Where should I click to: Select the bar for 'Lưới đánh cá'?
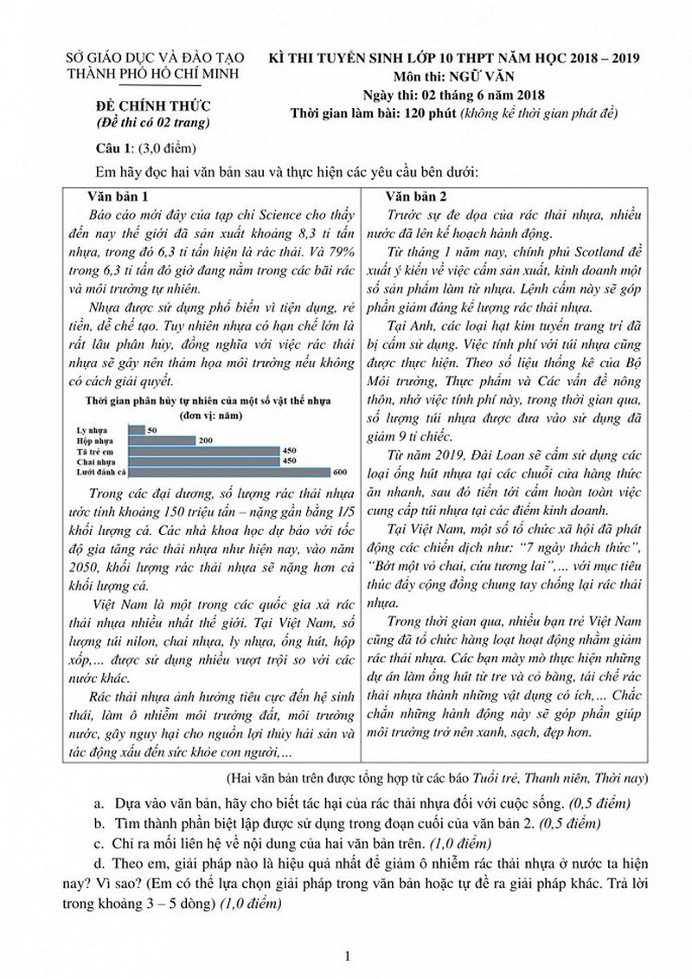coord(229,471)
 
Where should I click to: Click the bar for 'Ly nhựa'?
coord(137,429)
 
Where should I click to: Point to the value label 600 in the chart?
coord(339,471)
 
